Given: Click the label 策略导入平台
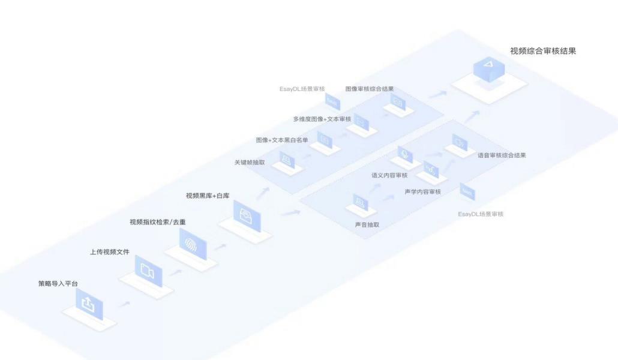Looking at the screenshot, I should pyautogui.click(x=58, y=283).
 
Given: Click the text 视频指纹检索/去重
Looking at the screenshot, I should pyautogui.click(x=158, y=222).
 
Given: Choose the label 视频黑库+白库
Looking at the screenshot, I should pyautogui.click(x=208, y=196).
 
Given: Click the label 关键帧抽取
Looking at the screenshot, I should pyautogui.click(x=250, y=163).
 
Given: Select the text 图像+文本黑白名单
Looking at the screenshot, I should pyautogui.click(x=282, y=140).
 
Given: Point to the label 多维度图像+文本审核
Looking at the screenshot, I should pyautogui.click(x=322, y=119).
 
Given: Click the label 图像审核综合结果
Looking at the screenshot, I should pyautogui.click(x=370, y=89).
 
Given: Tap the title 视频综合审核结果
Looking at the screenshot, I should pyautogui.click(x=543, y=52).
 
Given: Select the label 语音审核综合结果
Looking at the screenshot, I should pyautogui.click(x=502, y=155).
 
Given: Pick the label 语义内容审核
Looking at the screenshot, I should pyautogui.click(x=389, y=176).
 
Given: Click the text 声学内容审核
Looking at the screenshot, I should pyautogui.click(x=423, y=192).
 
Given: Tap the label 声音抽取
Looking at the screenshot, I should pyautogui.click(x=367, y=225).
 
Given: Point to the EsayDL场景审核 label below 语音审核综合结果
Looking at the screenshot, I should pyautogui.click(x=481, y=214).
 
